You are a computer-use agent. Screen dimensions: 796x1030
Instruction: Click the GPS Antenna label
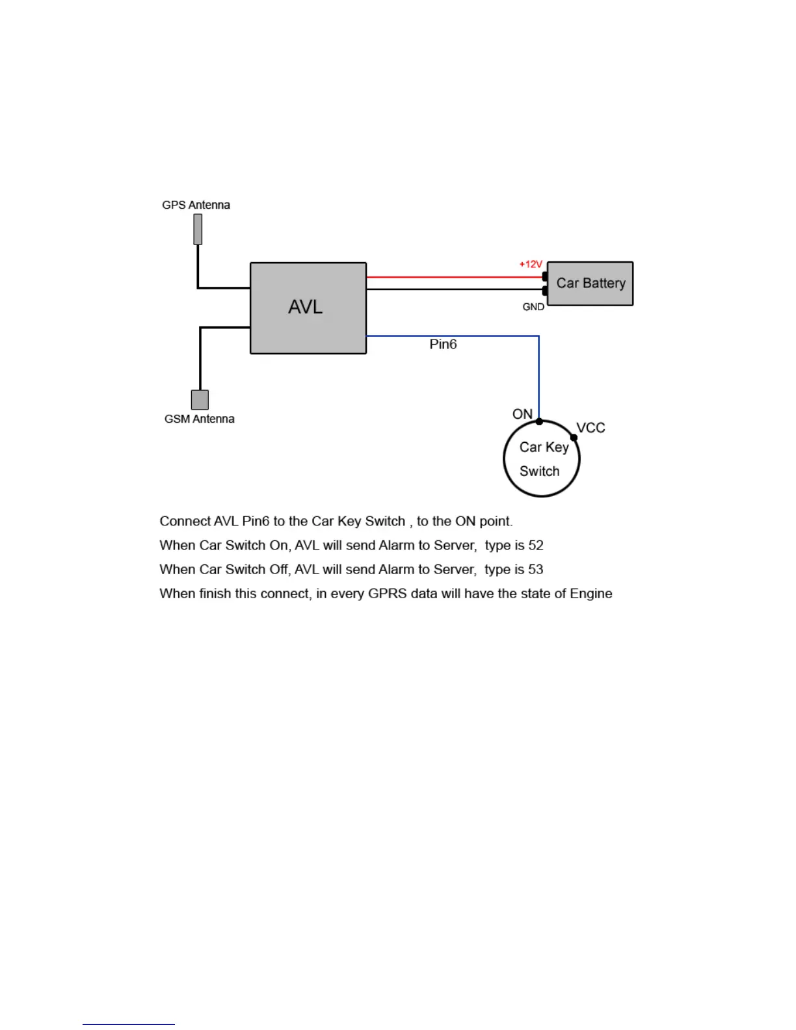pos(196,205)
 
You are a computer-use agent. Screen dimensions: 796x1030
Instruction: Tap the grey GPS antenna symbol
pos(198,230)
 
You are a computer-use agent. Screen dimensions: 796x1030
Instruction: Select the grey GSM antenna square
pos(200,400)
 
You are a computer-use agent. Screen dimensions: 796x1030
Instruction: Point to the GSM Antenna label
pos(199,419)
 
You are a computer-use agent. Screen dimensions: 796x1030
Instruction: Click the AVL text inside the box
pos(305,307)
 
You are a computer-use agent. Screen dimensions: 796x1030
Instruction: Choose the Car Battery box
pos(590,284)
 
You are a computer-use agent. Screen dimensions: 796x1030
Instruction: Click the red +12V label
pos(531,264)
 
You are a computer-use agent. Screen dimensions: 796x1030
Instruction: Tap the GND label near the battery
pos(533,307)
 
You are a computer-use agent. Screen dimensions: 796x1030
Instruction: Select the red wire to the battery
pos(455,277)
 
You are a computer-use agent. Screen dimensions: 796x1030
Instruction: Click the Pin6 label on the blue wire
pos(443,344)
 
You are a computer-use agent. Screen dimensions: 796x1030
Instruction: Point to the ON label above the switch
pos(522,414)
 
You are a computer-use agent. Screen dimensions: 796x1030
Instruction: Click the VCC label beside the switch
pos(590,428)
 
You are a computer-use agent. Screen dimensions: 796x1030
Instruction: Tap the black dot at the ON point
pos(539,421)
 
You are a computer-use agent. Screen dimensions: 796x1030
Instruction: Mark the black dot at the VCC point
pos(574,438)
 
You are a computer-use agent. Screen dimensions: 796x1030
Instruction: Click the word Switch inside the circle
pos(540,471)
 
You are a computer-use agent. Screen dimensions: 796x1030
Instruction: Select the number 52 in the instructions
pos(536,545)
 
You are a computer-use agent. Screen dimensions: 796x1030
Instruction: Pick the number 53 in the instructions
pos(536,569)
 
